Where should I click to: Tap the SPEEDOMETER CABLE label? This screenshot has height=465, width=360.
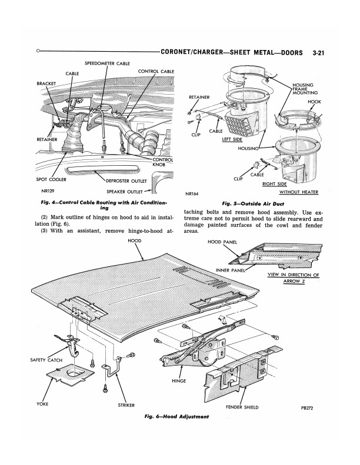coord(108,63)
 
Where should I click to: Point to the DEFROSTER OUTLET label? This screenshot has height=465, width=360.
coord(126,181)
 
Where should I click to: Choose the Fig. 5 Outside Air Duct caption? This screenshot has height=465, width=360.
coord(253,204)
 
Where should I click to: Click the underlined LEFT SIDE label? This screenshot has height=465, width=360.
coord(232,139)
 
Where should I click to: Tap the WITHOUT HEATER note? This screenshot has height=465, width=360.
coord(299,192)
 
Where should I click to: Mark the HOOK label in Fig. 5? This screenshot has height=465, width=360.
coord(315,102)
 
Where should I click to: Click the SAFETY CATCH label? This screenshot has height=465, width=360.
coord(46,360)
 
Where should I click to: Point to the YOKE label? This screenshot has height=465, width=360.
coord(42,404)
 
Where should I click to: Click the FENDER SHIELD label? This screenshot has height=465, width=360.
coord(242,407)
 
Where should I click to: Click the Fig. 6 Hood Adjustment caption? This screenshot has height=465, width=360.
coord(176,417)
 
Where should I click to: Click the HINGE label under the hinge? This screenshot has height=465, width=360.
coord(179,381)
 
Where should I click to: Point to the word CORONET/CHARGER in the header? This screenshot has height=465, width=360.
coord(192,52)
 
